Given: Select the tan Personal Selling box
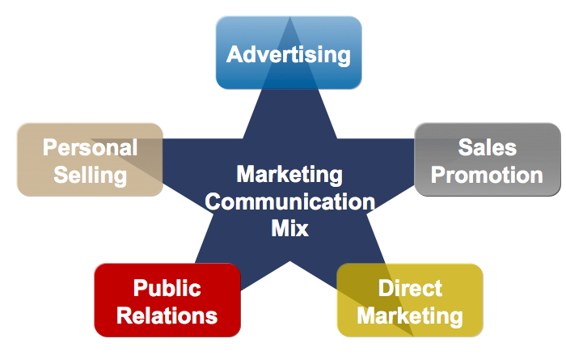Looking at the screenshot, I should coord(90,159).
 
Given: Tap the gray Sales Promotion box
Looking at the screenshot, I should coord(488,159).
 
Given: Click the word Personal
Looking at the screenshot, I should coord(90,147).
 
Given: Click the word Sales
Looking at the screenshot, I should coord(487,147).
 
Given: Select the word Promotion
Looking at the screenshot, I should coord(487,174).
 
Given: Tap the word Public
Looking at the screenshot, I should coord(167,288).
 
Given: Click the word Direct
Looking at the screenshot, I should coord(410,288).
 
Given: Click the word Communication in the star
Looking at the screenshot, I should coord(289,201).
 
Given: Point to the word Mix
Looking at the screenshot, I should coord(289,227).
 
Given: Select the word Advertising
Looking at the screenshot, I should coord(289,55).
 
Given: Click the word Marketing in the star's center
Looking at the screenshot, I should coord(289,174).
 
